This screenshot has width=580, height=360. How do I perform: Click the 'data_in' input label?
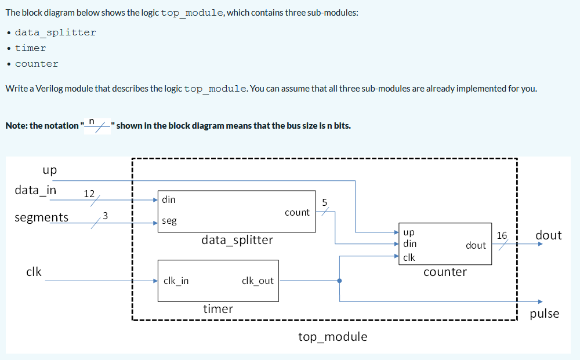[x=35, y=191]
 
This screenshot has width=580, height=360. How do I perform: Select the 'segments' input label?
[x=41, y=218]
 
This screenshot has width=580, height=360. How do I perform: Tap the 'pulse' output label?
[x=545, y=314]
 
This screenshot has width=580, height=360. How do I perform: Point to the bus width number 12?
[x=89, y=193]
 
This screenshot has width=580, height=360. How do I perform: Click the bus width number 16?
[x=502, y=235]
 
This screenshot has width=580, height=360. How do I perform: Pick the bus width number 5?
[x=325, y=202]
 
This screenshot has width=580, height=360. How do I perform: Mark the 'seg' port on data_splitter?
[x=169, y=221]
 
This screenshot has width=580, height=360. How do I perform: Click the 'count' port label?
[x=297, y=213]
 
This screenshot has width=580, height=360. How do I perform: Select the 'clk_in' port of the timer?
[x=176, y=281]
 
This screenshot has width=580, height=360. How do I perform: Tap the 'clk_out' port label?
[x=258, y=281]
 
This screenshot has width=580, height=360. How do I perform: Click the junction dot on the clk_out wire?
[x=339, y=281]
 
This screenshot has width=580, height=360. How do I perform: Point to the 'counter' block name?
[x=445, y=272]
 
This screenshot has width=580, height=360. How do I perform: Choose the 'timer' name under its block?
[x=218, y=309]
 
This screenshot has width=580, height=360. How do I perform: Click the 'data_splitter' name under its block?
[x=237, y=240]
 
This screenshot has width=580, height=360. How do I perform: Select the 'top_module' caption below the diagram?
[x=332, y=337]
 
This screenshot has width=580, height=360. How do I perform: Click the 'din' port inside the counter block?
[x=409, y=244]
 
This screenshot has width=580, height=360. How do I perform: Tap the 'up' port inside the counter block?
[x=408, y=232]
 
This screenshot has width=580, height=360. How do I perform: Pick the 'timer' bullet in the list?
[x=30, y=48]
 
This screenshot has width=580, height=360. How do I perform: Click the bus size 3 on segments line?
[x=105, y=216]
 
